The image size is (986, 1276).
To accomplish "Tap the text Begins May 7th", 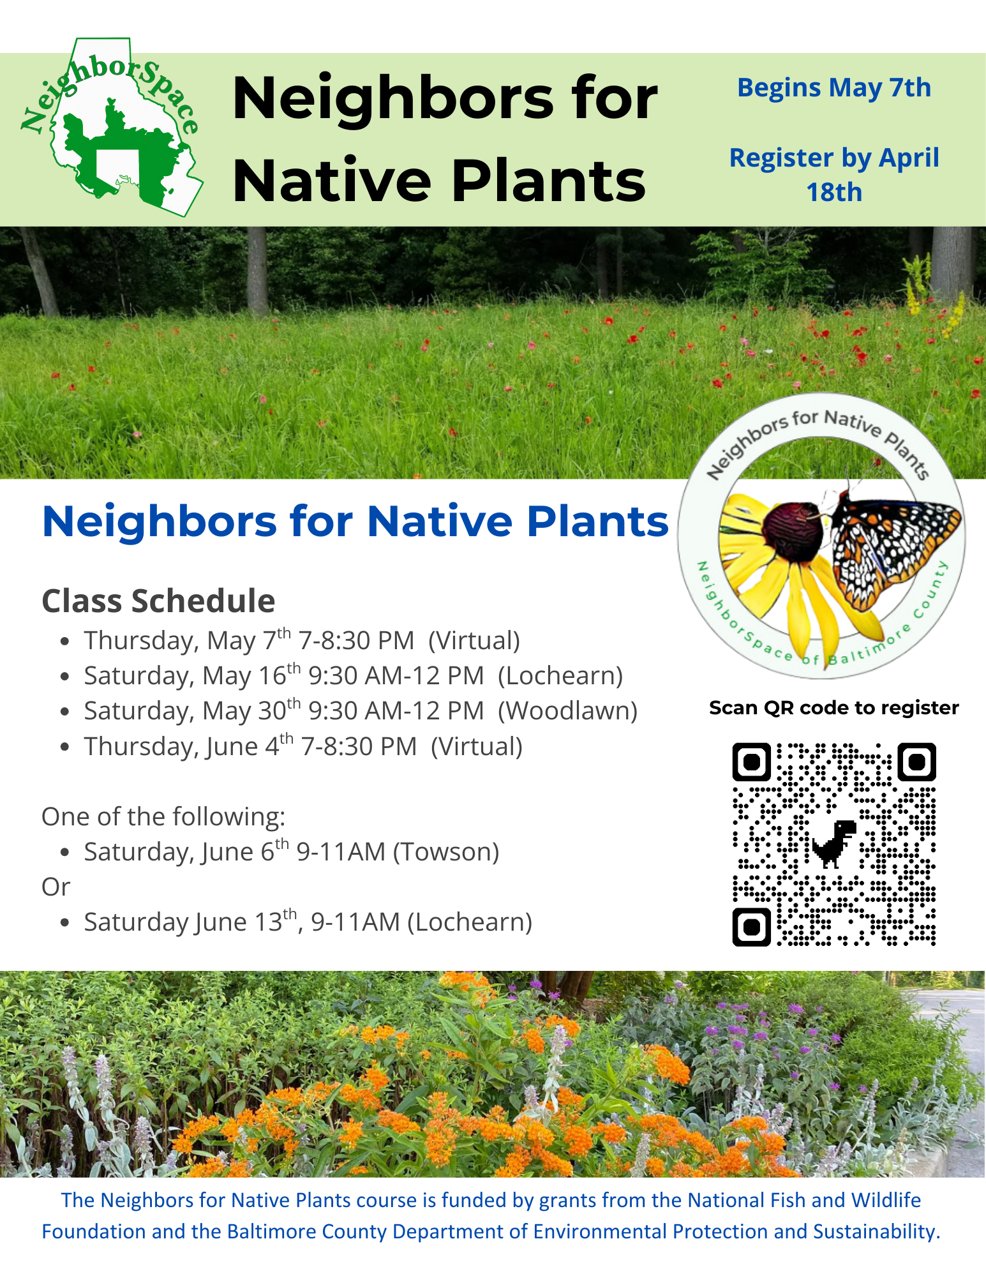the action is click(x=834, y=88).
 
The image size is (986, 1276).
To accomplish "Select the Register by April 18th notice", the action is click(x=834, y=174).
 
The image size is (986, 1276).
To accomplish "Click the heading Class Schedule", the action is click(x=158, y=601).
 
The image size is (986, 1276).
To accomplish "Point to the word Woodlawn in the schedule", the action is click(x=567, y=710).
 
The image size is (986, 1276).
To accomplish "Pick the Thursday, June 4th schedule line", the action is click(x=303, y=746).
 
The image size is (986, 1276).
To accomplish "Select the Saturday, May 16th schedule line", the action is click(x=354, y=675).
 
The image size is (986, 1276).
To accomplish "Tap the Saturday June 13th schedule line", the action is click(x=308, y=922).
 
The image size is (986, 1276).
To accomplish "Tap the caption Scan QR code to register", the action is click(x=834, y=708).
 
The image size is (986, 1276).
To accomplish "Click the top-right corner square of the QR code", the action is click(x=916, y=762).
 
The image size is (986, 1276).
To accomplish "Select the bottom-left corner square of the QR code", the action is click(x=752, y=926).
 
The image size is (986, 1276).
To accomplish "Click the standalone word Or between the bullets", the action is click(x=56, y=887).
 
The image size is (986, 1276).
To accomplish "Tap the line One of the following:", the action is click(x=163, y=816).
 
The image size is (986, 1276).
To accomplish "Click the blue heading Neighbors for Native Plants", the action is click(x=355, y=522).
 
